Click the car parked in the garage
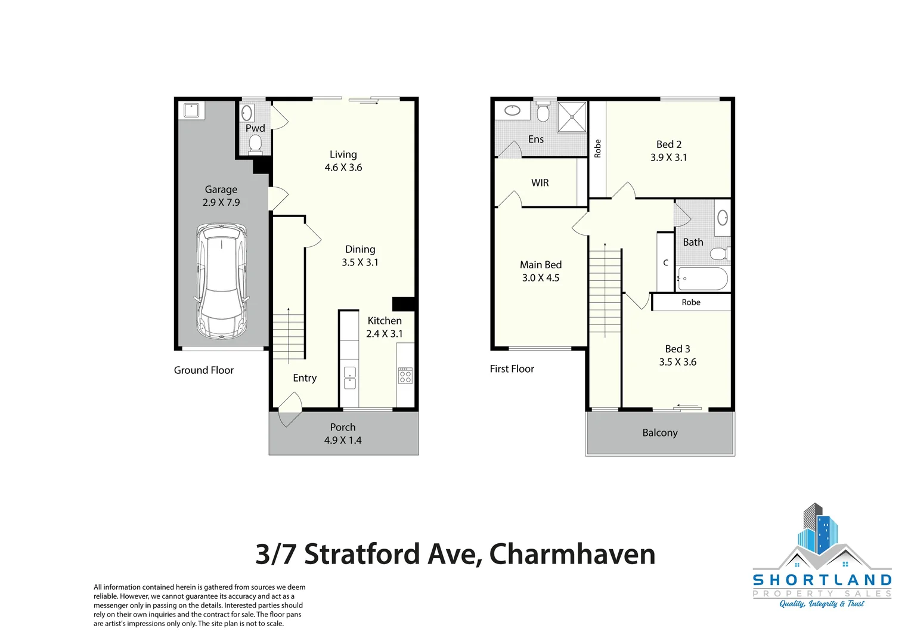click(221, 281)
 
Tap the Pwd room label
click(255, 128)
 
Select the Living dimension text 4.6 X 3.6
click(343, 168)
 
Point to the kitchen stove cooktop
click(405, 375)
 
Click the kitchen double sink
click(350, 377)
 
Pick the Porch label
click(343, 428)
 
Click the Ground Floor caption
click(204, 370)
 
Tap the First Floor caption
click(512, 369)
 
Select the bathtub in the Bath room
click(702, 278)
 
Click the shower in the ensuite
click(572, 117)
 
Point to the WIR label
click(540, 183)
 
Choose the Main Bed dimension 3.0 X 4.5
click(541, 278)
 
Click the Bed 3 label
click(678, 349)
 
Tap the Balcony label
click(660, 433)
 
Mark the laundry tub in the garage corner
click(191, 110)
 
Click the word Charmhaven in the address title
click(572, 555)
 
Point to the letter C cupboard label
click(666, 263)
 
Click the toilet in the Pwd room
click(255, 143)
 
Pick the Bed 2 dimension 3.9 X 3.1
click(669, 157)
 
